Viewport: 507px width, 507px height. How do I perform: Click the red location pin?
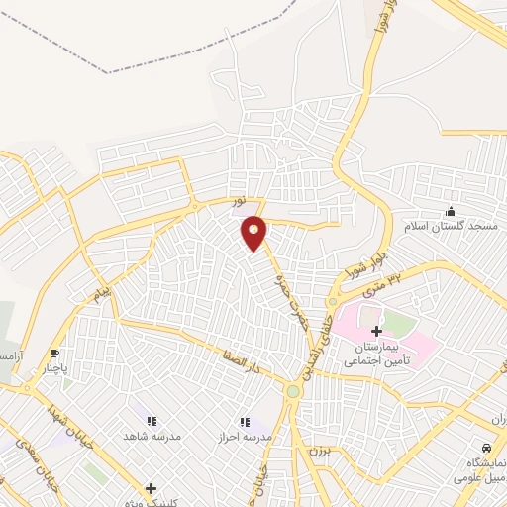pyautogui.click(x=254, y=233)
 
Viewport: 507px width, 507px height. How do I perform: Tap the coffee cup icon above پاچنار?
pyautogui.click(x=54, y=354)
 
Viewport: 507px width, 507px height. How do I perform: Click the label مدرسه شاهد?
pyautogui.click(x=149, y=437)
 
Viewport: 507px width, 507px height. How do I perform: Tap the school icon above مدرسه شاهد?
pyautogui.click(x=162, y=422)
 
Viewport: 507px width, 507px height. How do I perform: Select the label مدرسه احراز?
pyautogui.click(x=245, y=437)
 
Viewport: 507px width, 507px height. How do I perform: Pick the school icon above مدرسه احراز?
pyautogui.click(x=245, y=422)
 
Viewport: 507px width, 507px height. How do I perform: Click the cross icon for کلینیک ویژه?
pyautogui.click(x=151, y=487)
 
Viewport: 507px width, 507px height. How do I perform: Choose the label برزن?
pyautogui.click(x=315, y=449)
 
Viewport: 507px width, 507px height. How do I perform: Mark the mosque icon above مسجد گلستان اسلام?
pyautogui.click(x=452, y=211)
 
